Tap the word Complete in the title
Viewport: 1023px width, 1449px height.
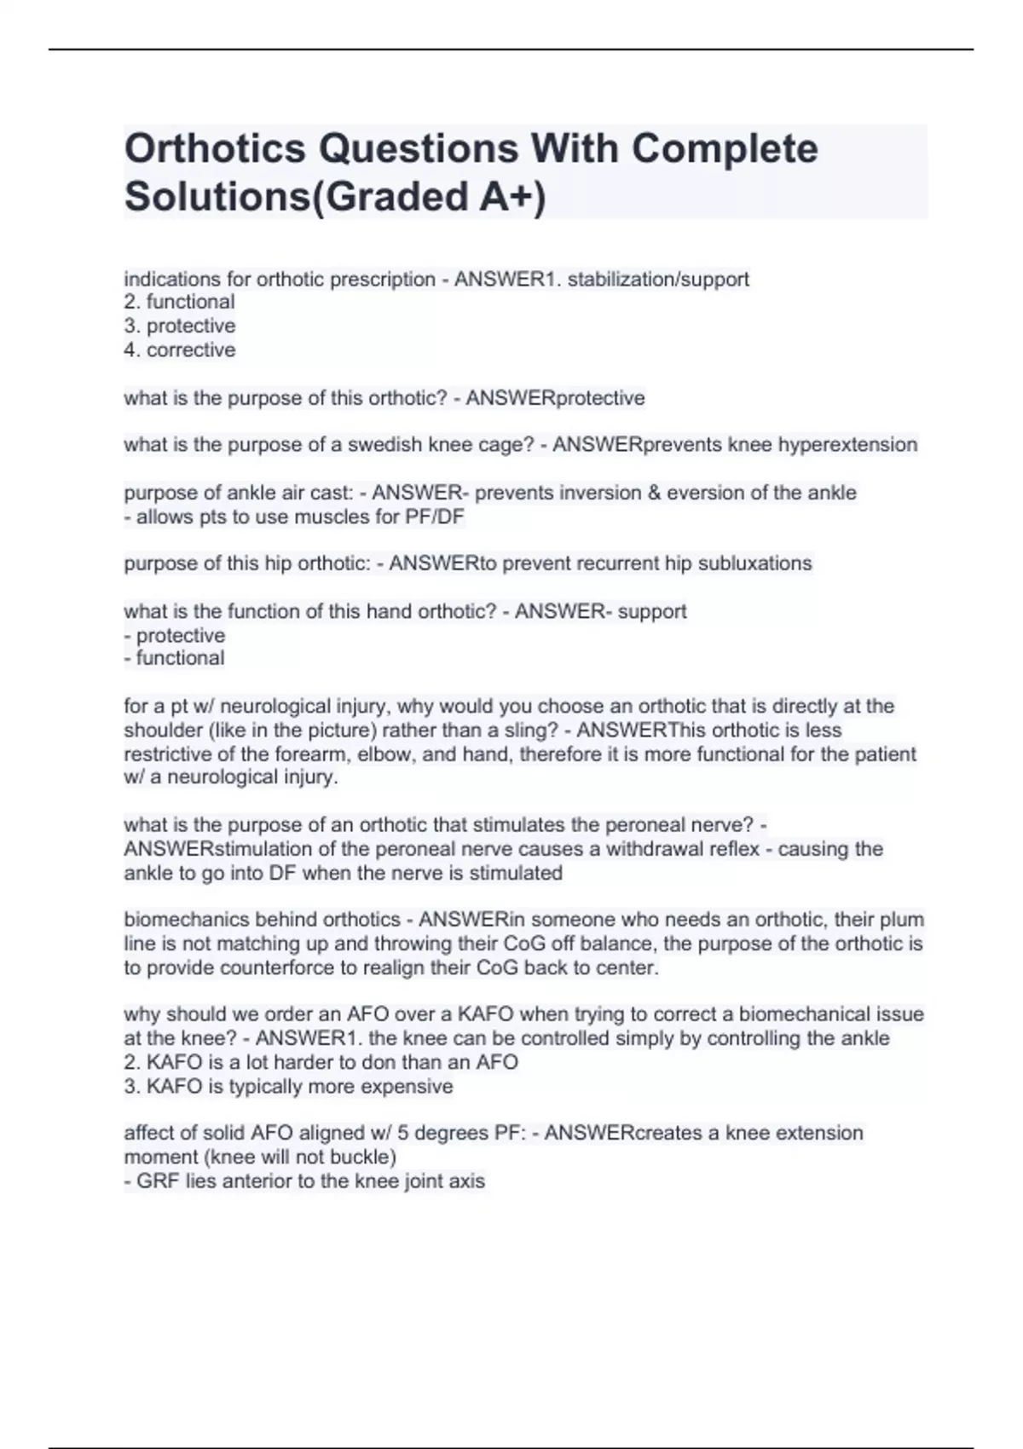[x=724, y=149]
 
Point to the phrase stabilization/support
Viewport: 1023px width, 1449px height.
[x=657, y=279]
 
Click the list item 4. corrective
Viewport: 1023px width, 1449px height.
[x=180, y=349]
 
